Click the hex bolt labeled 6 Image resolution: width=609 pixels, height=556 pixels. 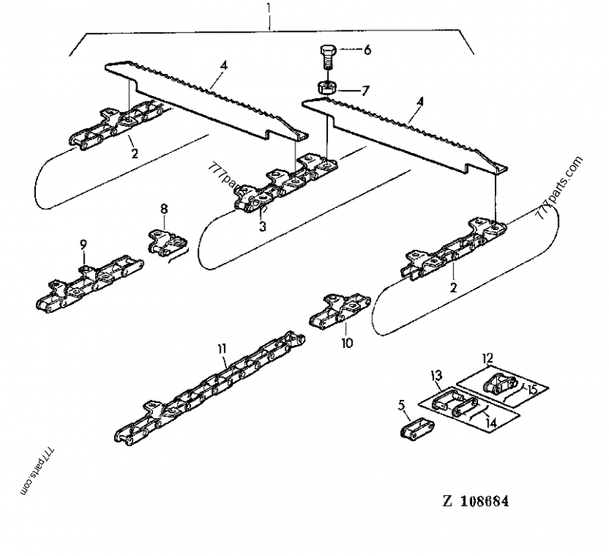coord(327,56)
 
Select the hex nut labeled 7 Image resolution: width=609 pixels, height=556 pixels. coord(327,88)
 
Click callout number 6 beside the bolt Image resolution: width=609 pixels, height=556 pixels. coord(367,50)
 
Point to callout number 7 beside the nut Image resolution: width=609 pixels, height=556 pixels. coord(365,91)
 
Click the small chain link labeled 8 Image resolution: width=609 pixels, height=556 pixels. coord(167,243)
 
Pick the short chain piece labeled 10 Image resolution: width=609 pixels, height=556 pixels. coord(340,310)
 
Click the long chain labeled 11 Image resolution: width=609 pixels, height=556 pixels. coord(210,388)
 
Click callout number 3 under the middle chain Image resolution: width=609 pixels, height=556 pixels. coord(263,226)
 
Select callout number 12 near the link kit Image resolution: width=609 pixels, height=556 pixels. coord(487,357)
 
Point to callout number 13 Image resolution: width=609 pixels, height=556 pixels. coord(436,375)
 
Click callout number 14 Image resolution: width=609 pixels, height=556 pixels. coord(491,423)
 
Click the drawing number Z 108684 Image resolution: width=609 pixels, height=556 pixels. coord(475,501)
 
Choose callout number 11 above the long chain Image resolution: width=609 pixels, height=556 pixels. coord(222,349)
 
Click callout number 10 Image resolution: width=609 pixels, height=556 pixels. coord(347,343)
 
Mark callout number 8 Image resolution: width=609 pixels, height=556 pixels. coord(164,209)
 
